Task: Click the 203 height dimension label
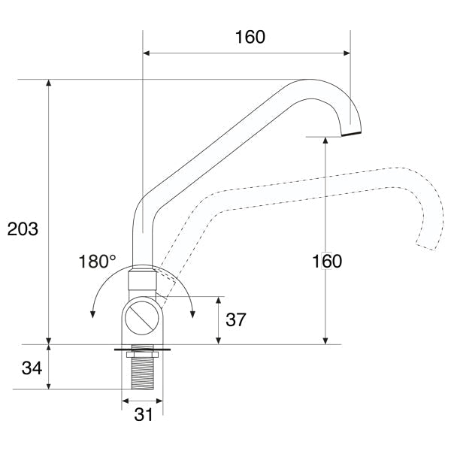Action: coord(23,229)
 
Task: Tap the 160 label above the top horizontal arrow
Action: coord(250,37)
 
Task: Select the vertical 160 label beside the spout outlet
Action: coord(327,261)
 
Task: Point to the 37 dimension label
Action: coord(236,319)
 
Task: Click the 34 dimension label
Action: coord(32,368)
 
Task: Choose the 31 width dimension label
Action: coord(144,414)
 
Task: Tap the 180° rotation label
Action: coord(97,262)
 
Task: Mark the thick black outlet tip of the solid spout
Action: coord(351,134)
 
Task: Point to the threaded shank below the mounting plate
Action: coord(143,373)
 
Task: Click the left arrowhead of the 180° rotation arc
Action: coord(92,314)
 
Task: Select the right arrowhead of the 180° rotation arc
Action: coord(192,314)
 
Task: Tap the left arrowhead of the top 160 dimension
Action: coord(147,53)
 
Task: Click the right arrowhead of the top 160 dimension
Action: coord(347,53)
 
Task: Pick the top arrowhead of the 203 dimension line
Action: coord(49,83)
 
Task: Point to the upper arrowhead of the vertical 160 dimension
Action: coord(325,141)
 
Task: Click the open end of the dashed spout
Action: coord(425,247)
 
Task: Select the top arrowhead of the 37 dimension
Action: coord(218,300)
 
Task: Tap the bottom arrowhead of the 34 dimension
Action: coord(49,386)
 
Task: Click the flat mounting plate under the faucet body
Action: coord(142,350)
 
